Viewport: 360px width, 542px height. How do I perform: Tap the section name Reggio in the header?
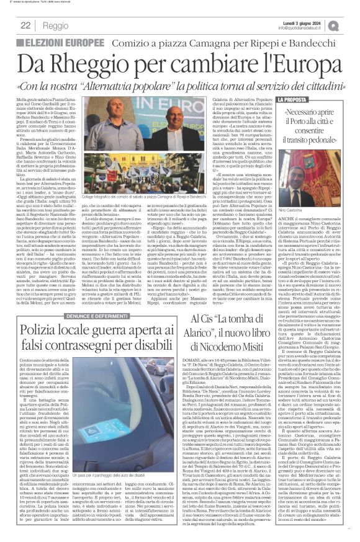56,25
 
